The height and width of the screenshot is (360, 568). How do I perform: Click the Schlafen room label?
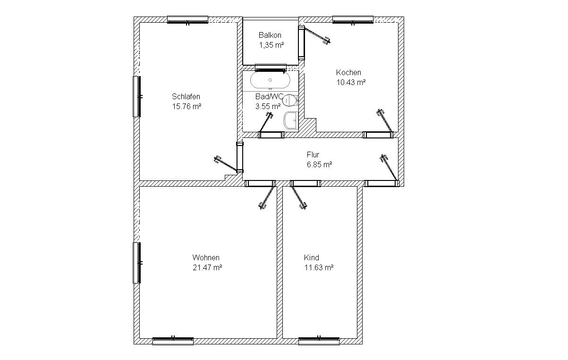pyautogui.click(x=186, y=96)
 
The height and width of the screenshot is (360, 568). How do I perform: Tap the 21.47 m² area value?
pyautogui.click(x=207, y=267)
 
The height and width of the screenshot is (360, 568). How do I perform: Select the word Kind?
pyautogui.click(x=312, y=257)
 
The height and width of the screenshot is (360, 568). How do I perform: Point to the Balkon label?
pyautogui.click(x=270, y=35)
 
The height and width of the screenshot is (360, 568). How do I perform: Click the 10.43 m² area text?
pyautogui.click(x=351, y=82)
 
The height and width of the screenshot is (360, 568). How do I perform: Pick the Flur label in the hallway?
pyautogui.click(x=313, y=154)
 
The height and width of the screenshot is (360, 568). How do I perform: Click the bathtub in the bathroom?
pyautogui.click(x=270, y=80)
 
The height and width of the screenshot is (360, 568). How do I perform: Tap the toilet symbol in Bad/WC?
pyautogui.click(x=290, y=101)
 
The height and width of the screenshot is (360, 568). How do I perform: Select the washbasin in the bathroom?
pyautogui.click(x=290, y=120)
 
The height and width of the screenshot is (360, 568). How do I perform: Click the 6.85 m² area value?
pyautogui.click(x=320, y=164)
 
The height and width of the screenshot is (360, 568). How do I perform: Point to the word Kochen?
pyautogui.click(x=348, y=72)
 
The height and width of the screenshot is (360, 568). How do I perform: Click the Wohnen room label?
pyautogui.click(x=206, y=257)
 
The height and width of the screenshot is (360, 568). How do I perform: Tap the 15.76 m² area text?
pyautogui.click(x=187, y=106)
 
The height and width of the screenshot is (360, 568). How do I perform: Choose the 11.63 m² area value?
pyautogui.click(x=319, y=267)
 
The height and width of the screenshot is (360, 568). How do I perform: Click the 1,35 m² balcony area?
pyautogui.click(x=271, y=45)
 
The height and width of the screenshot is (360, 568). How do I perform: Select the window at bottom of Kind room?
pyautogui.click(x=319, y=341)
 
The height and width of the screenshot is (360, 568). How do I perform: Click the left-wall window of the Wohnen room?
pyautogui.click(x=137, y=263)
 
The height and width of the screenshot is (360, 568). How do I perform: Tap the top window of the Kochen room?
pyautogui.click(x=353, y=20)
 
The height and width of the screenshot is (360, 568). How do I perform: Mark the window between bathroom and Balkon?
pyautogui.click(x=271, y=68)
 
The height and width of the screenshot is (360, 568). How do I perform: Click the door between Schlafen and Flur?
pyautogui.click(x=240, y=157)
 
